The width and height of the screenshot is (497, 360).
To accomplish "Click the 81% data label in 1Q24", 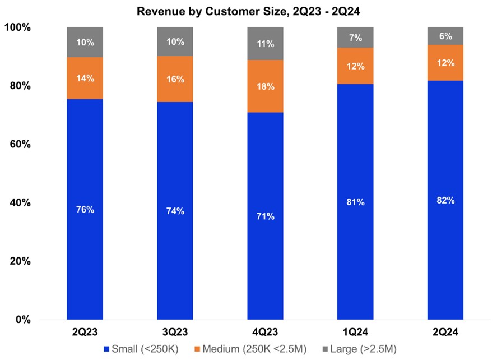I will tap(355, 202).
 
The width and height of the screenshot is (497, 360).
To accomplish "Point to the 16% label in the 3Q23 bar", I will tap(175, 80).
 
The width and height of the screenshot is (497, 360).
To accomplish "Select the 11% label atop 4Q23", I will tap(265, 43).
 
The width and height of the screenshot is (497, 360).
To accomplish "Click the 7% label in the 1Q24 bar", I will tap(355, 38).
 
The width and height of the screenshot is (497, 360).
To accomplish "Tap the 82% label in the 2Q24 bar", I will tap(445, 200).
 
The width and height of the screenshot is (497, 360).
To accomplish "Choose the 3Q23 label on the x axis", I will tap(175, 333).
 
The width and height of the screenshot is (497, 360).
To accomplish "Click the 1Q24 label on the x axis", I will tap(355, 333).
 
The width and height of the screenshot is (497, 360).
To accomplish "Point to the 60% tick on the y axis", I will tap(20, 145).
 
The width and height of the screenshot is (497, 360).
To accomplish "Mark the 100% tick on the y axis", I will tap(18, 27).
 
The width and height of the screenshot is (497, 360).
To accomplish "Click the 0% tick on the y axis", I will tap(23, 320).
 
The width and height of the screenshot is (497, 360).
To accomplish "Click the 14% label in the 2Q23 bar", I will tap(85, 77).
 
